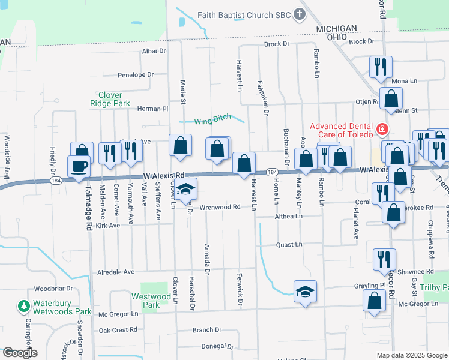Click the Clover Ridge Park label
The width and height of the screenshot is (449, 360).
coord(110,100)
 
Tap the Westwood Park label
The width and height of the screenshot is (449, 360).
coord(151,301)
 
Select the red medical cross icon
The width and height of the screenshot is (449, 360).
coord(381,129)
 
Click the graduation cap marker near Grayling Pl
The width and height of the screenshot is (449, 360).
coord(306,292)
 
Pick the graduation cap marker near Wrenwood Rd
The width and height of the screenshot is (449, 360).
coord(186,190)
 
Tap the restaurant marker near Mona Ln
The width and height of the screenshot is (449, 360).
coord(380,67)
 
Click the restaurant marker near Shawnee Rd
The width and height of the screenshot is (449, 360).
coord(384,259)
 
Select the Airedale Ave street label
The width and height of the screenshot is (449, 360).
coord(116,272)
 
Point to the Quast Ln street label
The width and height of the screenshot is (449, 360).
coord(288,245)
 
